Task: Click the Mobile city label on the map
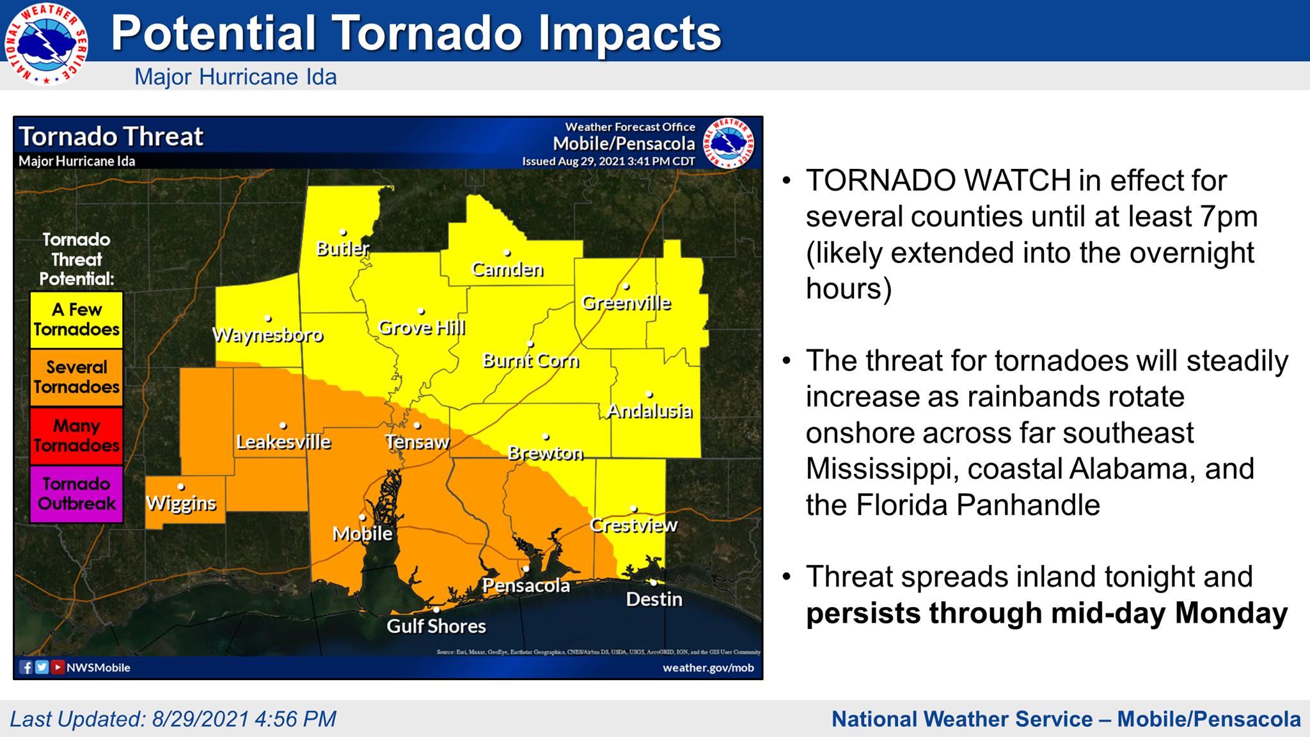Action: pos(362,534)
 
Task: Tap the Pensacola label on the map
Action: pos(526,585)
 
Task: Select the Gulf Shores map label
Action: pos(436,626)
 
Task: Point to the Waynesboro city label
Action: pos(267,335)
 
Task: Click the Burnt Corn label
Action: pos(530,361)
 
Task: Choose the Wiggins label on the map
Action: pos(181,503)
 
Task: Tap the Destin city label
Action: pos(654,599)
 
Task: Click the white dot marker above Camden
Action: pos(507,253)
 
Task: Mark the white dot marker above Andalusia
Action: pos(649,395)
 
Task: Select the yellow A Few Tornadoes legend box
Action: pos(76,320)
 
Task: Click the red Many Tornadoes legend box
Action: pos(76,436)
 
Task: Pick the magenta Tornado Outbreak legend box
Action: pos(76,494)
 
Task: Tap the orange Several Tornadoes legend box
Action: pos(76,377)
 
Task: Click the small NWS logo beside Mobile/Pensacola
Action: pos(729,144)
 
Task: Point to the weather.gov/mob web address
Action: pos(707,667)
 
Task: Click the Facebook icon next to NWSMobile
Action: pos(26,667)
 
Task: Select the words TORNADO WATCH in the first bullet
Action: pos(938,181)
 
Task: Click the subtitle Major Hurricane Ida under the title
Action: pos(235,77)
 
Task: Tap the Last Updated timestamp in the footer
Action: pos(173,718)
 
